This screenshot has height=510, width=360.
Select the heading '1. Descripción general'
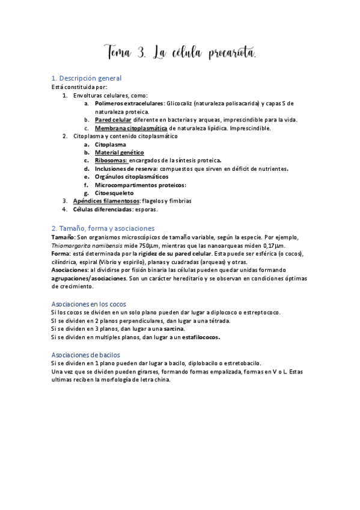[x=87, y=78]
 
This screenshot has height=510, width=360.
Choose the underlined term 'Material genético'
[x=119, y=153]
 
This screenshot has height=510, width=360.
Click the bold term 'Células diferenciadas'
[x=102, y=209]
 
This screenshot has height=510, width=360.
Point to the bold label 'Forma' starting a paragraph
[x=61, y=254]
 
